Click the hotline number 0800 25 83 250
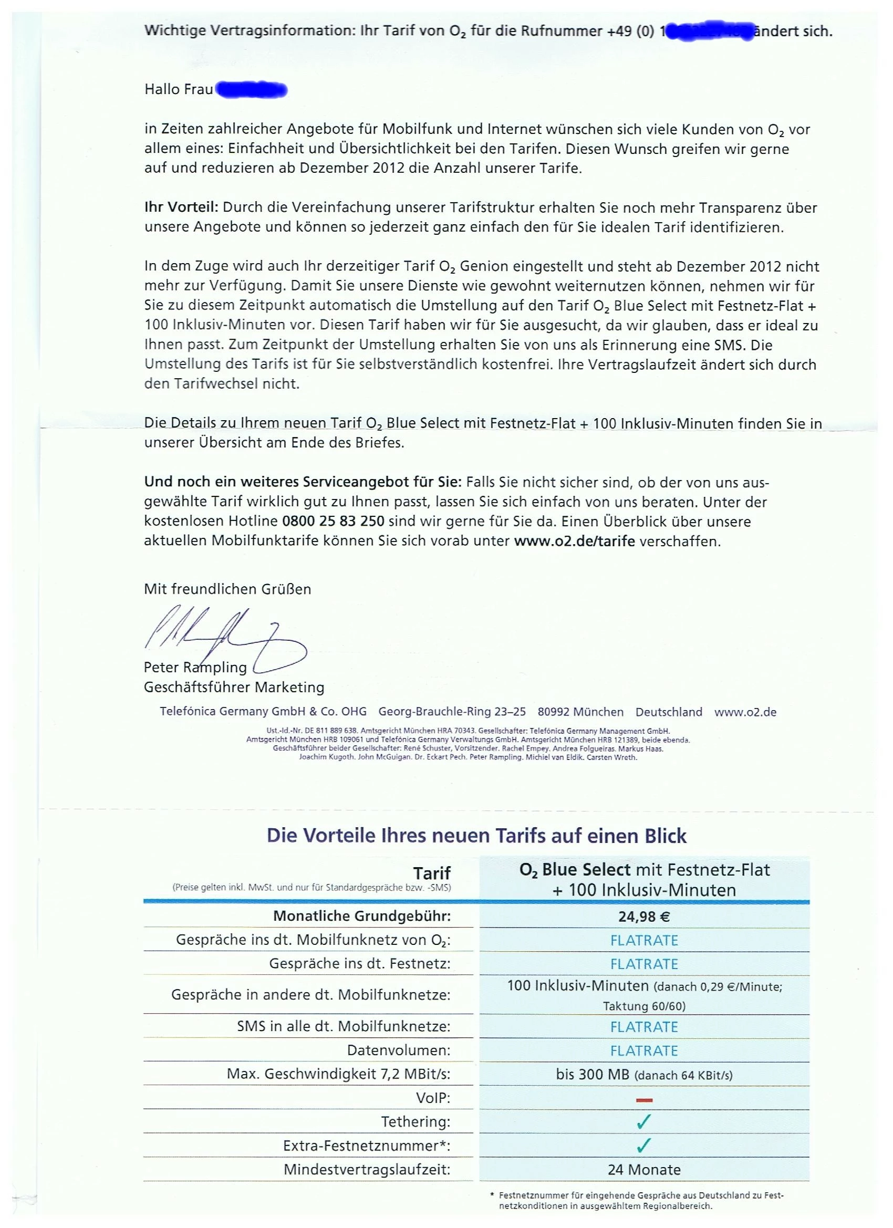(x=333, y=522)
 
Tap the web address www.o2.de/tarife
(x=574, y=541)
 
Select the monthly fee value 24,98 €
(x=644, y=916)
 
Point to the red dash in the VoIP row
(x=644, y=1100)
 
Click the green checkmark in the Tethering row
(x=644, y=1121)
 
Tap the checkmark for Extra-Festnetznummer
(x=644, y=1145)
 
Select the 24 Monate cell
(x=644, y=1169)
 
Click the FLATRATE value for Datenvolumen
(x=644, y=1050)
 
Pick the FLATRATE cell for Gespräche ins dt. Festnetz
(x=644, y=964)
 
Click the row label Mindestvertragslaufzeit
(x=367, y=1169)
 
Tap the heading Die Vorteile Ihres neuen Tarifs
(x=476, y=836)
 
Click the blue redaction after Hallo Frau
(x=251, y=89)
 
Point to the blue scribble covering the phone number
(x=707, y=32)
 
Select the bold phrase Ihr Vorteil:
(x=181, y=207)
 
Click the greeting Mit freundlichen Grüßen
(x=227, y=589)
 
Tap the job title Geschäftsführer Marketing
(x=234, y=687)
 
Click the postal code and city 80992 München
(x=580, y=712)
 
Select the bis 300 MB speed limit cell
(x=644, y=1074)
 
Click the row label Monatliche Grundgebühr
(x=361, y=916)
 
